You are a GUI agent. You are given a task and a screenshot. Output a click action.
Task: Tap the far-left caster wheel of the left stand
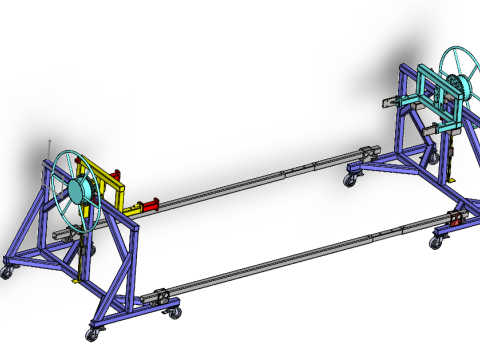pyautogui.click(x=7, y=271)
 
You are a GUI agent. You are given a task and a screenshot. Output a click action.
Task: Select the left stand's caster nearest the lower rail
pyautogui.click(x=172, y=312)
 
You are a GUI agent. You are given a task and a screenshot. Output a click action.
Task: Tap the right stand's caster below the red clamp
pyautogui.click(x=437, y=242)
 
